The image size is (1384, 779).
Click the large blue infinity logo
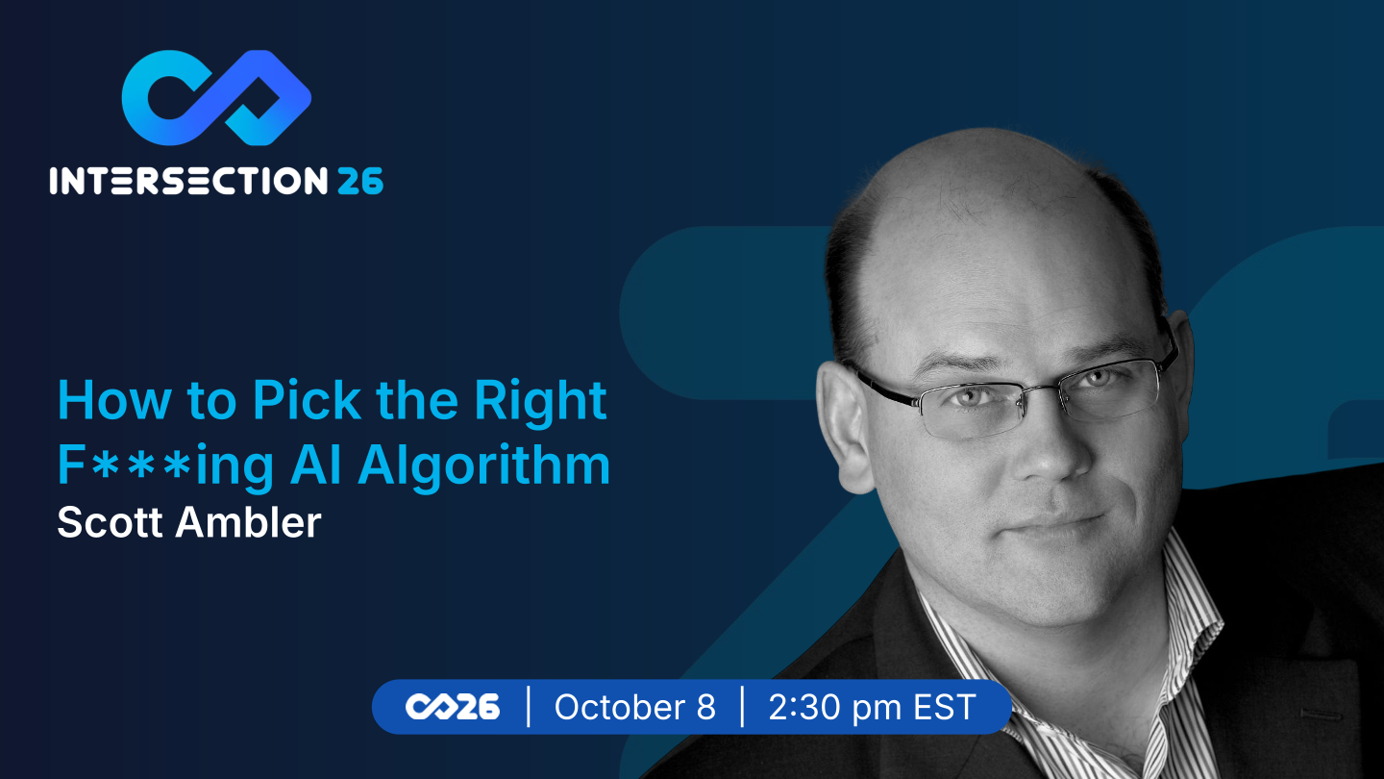(x=215, y=98)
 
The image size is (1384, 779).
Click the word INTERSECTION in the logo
(x=188, y=181)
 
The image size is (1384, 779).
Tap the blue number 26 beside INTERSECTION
(x=360, y=181)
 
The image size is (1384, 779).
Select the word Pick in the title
(x=307, y=401)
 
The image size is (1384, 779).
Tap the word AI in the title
(x=315, y=464)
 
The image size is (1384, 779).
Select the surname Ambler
(x=248, y=522)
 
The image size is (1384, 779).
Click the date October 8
(x=634, y=707)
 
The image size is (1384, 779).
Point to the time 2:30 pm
(x=834, y=708)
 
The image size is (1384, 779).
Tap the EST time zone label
(x=945, y=707)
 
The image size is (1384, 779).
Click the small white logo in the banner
(x=453, y=707)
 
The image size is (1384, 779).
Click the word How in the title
(x=114, y=401)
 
